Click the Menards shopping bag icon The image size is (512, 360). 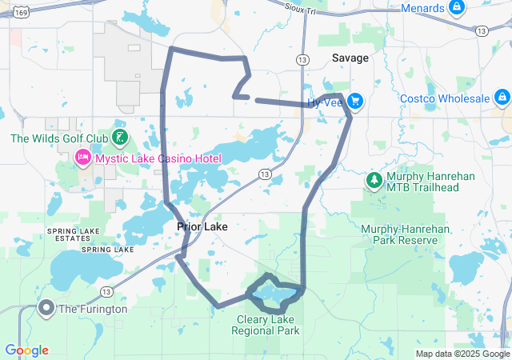pyautogui.click(x=456, y=8)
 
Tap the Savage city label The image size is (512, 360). pyautogui.click(x=350, y=58)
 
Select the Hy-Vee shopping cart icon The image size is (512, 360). pyautogui.click(x=355, y=102)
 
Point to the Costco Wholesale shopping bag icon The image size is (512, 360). pyautogui.click(x=501, y=98)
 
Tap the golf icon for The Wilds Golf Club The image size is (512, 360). pyautogui.click(x=119, y=138)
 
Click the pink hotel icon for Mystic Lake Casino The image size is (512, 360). pyautogui.click(x=82, y=158)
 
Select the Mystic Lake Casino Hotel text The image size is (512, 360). pyautogui.click(x=158, y=158)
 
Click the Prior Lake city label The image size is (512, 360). pyautogui.click(x=202, y=226)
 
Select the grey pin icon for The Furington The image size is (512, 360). pyautogui.click(x=46, y=308)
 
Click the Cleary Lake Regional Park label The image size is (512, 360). pyautogui.click(x=266, y=324)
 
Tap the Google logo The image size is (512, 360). pyautogui.click(x=26, y=350)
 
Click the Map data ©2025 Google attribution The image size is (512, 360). pyautogui.click(x=462, y=354)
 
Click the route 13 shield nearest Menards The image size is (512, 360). pyautogui.click(x=480, y=30)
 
